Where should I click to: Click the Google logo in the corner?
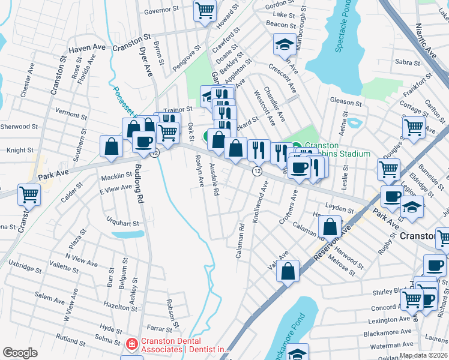point(20,353)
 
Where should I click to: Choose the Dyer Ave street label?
point(147,60)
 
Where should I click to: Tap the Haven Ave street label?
point(87,50)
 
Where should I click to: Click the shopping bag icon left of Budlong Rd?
point(112,146)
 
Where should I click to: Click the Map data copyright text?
point(423,355)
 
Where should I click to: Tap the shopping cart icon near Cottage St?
point(414,127)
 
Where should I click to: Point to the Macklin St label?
point(115,175)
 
